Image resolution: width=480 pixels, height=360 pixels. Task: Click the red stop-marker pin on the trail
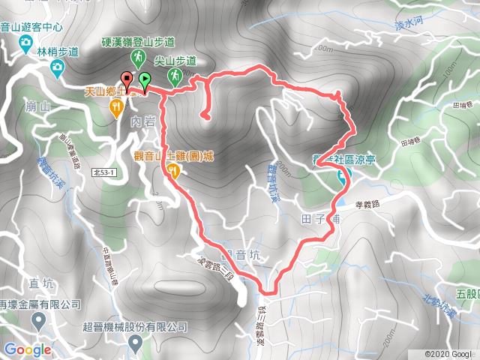[126, 79]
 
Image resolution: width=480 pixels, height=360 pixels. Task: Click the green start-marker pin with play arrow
[143, 79]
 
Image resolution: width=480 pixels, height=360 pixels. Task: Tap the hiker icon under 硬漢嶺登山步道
[138, 57]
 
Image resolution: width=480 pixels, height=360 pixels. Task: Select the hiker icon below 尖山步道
[174, 75]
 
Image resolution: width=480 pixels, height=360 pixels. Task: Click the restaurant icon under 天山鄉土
[116, 108]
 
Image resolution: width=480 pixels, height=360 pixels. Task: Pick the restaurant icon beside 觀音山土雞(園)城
[173, 171]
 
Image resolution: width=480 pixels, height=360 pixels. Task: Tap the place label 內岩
[141, 120]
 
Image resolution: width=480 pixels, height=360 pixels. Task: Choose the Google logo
[28, 349]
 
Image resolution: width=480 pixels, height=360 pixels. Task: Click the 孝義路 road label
[368, 202]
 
